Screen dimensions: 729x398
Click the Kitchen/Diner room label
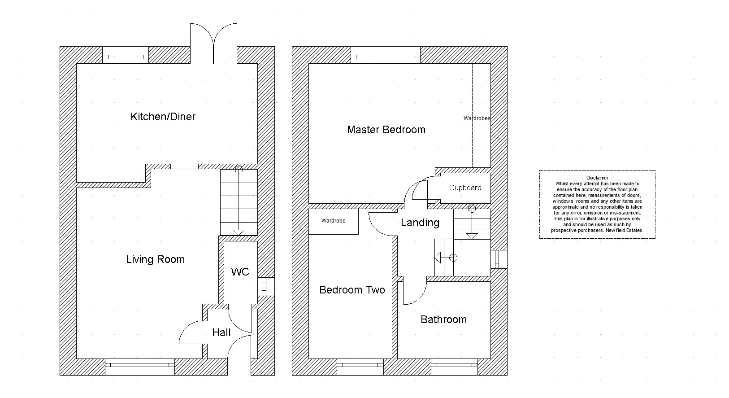click(163, 117)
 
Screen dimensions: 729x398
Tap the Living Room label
click(155, 259)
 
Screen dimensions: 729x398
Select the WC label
click(240, 271)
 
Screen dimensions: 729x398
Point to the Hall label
click(221, 332)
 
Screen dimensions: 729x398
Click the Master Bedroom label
click(386, 130)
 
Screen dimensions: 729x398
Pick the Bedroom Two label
click(352, 290)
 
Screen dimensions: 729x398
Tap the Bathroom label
click(443, 319)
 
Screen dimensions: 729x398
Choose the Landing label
click(420, 223)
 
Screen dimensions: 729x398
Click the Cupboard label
click(465, 188)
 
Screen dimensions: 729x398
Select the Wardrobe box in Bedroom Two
click(334, 222)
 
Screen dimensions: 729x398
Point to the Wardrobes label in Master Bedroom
click(477, 118)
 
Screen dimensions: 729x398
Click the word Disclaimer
click(597, 178)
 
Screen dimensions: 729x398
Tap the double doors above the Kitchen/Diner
click(213, 44)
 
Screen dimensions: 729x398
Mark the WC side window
click(266, 287)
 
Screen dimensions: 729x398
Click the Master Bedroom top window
click(386, 55)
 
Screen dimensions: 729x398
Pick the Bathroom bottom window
click(454, 367)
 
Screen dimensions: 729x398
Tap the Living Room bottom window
click(140, 367)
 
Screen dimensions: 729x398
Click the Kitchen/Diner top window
click(126, 55)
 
